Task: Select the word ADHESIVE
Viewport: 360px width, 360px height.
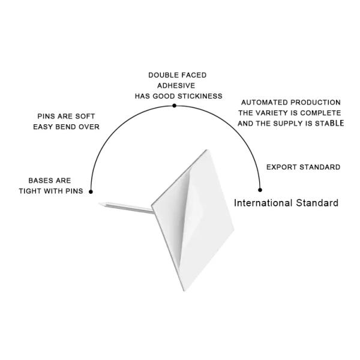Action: tap(178, 85)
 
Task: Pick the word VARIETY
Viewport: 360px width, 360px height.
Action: tap(280, 113)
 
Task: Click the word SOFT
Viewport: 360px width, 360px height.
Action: tap(85, 116)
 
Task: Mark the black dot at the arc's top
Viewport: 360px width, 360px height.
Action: tap(174, 106)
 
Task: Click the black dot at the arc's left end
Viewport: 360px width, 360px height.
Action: tap(91, 192)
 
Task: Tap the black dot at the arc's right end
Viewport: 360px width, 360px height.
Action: tap(260, 190)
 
